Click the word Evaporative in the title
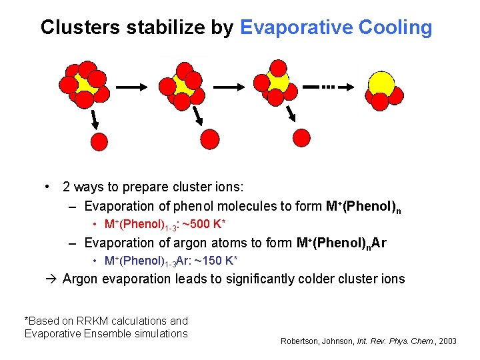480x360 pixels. coord(295,28)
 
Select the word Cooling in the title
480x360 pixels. coord(395,28)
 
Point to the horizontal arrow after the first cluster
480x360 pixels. coord(132,86)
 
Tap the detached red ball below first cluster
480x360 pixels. coord(99,141)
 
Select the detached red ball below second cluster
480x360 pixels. coord(209,139)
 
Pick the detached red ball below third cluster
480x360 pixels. coord(302,137)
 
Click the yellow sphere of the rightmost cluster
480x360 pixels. coord(382,83)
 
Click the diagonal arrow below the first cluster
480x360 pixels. coord(95,120)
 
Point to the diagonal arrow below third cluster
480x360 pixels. coord(291,115)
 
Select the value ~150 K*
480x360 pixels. coord(215,260)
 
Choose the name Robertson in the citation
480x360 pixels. coord(301,341)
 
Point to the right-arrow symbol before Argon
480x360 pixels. coord(51,279)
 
